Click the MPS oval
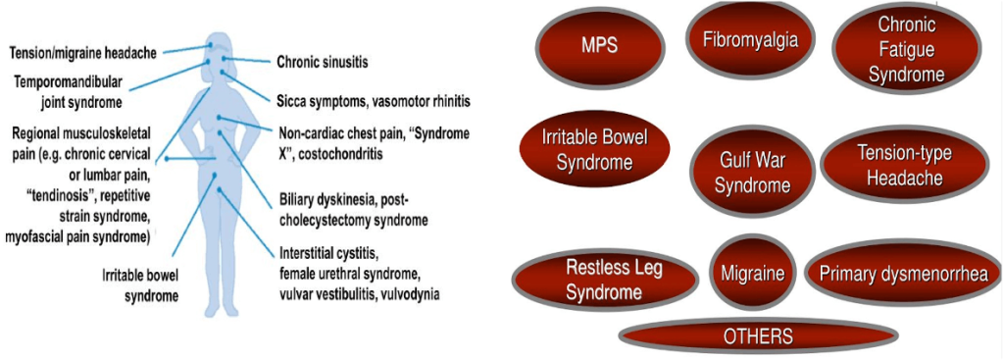599,45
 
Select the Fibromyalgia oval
750,40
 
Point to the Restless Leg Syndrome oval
604,279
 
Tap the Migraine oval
752,274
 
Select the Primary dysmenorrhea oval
903,274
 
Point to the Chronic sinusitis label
323,62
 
